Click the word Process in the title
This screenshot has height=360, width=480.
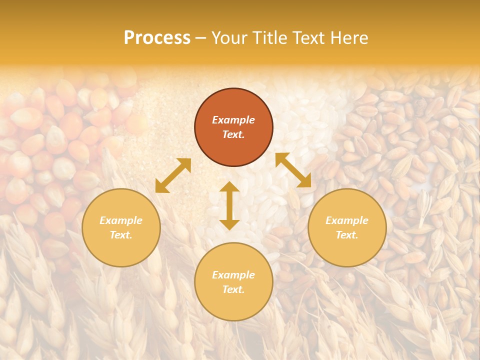coord(157,38)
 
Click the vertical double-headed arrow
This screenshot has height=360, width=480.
coord(229,206)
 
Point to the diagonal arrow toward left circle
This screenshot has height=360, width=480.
coord(173,175)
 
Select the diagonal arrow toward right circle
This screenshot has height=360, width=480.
coord(293,170)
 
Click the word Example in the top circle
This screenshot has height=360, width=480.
coord(233,120)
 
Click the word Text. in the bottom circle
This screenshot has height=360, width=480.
coord(233,289)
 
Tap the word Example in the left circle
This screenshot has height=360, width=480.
coord(121,220)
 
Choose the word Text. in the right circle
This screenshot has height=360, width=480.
coord(347,235)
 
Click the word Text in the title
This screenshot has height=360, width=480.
coord(309,38)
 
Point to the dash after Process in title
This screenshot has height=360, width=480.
coord(200,38)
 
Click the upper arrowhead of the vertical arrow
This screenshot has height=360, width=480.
coord(229,188)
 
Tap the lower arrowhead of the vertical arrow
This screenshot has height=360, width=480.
coord(229,224)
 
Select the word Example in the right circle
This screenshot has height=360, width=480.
coord(347,220)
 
